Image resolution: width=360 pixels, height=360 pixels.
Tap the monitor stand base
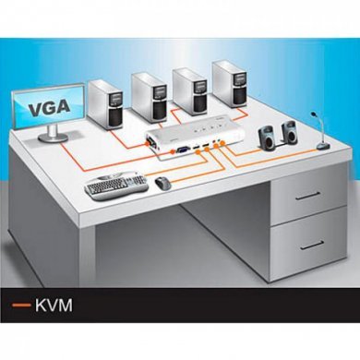click(50, 140)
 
